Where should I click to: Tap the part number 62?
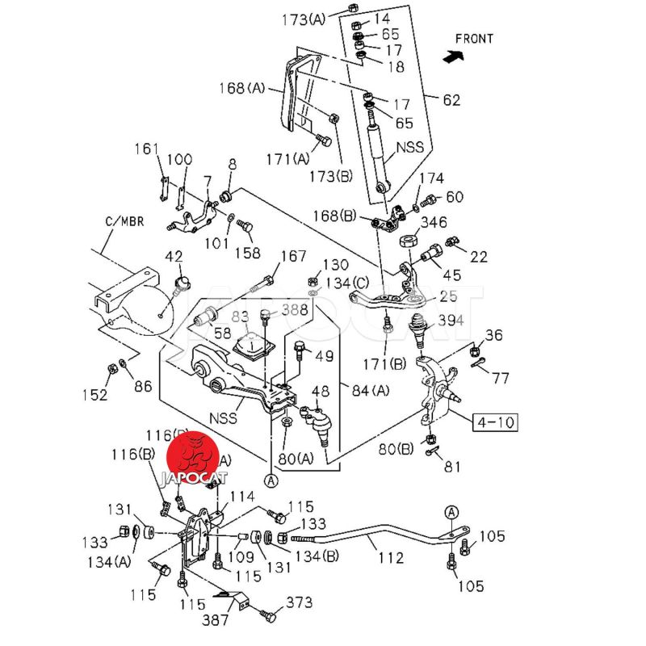451,101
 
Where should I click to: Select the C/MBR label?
124,220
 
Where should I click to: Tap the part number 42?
174,257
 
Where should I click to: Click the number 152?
96,395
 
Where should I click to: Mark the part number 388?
294,308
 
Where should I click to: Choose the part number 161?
147,149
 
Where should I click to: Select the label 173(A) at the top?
304,19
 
